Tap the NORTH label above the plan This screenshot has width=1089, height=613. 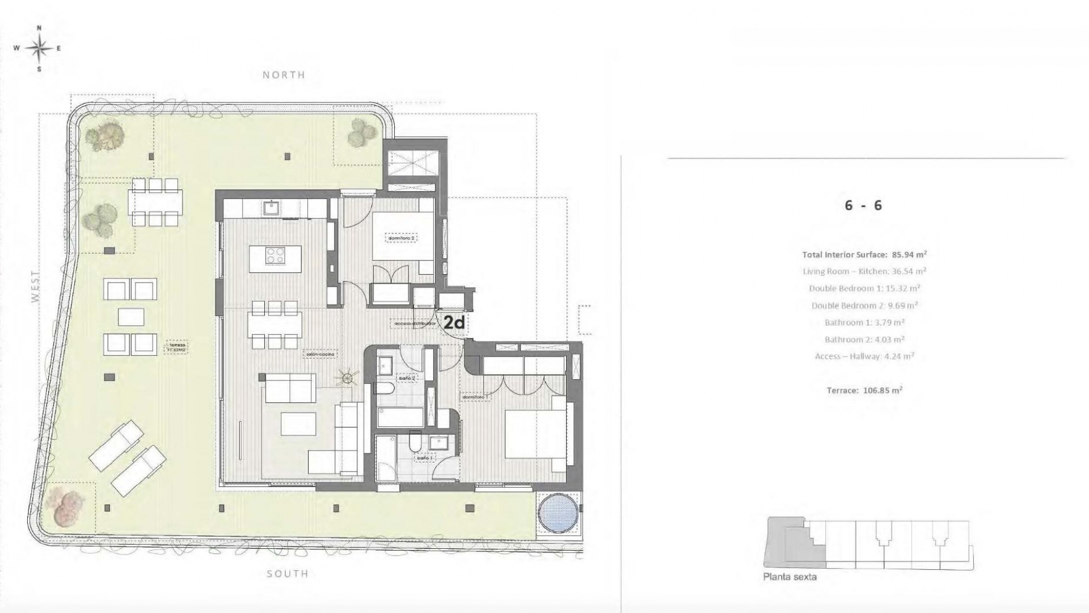point(284,75)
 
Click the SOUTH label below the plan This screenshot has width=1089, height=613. point(288,574)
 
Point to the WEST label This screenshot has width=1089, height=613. point(36,288)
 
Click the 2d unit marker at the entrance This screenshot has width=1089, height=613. point(454,323)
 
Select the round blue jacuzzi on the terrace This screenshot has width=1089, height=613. point(558,513)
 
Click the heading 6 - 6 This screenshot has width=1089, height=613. point(863,205)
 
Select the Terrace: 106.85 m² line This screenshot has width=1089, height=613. point(864,391)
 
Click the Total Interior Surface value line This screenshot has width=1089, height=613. point(864,254)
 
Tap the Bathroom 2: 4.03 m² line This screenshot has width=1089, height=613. point(864,339)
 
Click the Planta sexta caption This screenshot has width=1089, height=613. point(790,577)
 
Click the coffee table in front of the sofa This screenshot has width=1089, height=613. point(298,424)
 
